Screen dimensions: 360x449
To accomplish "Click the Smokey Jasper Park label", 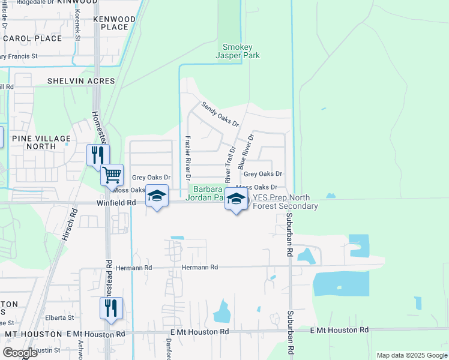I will (x=241, y=51).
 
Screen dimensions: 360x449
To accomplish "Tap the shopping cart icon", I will (x=112, y=175).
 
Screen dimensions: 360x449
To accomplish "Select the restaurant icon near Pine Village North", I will (x=97, y=155).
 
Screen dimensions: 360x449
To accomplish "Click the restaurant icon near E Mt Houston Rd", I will (x=111, y=308).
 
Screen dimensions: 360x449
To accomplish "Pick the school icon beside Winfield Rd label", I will (x=157, y=196).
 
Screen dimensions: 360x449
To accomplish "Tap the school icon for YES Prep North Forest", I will (x=237, y=200).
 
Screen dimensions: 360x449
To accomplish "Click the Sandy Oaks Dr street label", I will (x=220, y=114).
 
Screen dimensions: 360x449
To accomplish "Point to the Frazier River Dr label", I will (x=187, y=158).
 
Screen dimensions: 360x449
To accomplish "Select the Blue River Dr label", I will (x=246, y=150).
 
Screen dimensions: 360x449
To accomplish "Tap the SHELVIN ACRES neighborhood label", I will (x=81, y=81).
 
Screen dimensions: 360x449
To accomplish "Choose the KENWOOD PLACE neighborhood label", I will (x=115, y=23).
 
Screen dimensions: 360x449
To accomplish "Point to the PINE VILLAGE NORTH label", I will (x=41, y=142).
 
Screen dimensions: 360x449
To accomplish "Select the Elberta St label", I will (x=59, y=317).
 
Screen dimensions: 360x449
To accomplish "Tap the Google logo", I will (x=20, y=353).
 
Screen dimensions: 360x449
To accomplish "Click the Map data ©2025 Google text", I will (x=412, y=355).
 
